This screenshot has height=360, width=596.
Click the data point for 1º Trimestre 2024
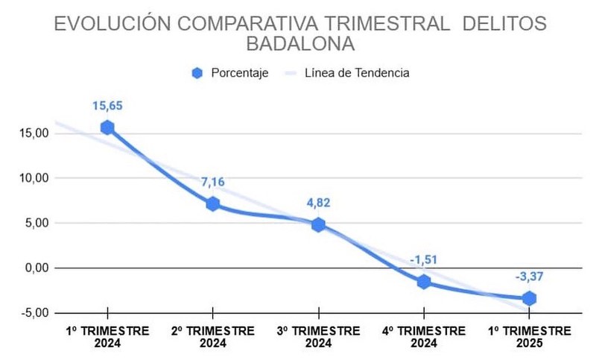[107, 127]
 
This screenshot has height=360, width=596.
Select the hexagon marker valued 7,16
[213, 203]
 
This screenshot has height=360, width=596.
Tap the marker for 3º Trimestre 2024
[318, 224]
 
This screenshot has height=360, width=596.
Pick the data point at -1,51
[424, 282]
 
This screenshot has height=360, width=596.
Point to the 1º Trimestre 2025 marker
[530, 298]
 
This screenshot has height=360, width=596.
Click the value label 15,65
[107, 106]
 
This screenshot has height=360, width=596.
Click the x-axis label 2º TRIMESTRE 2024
[213, 336]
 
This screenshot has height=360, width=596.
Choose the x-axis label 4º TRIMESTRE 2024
[424, 336]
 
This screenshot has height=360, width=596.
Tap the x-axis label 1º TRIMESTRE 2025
[530, 336]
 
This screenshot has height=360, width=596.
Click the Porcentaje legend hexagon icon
[197, 73]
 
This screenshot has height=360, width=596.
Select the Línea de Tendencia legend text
[357, 73]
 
